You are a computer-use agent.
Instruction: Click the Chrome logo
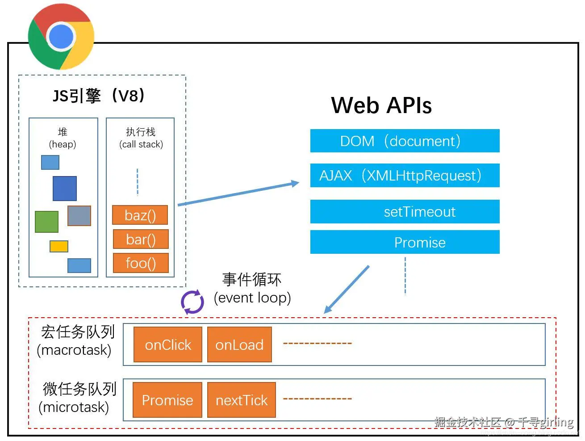61,37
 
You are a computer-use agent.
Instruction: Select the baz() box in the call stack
140,215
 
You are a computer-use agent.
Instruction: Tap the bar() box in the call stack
141,239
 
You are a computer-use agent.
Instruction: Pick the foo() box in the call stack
141,263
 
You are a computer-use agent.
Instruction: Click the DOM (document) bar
405,141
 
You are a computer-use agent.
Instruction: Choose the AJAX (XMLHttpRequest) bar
405,176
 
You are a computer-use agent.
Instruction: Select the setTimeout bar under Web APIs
405,212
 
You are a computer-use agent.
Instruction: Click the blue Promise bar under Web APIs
405,242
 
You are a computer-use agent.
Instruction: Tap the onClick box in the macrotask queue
168,345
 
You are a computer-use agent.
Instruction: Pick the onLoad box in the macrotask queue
239,345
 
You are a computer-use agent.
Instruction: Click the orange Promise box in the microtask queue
167,400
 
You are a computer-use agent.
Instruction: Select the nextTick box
242,400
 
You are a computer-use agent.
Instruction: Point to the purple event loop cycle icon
192,302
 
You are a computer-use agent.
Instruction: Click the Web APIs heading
381,106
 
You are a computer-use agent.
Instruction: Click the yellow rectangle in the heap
59,247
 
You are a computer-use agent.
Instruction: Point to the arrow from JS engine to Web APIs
239,193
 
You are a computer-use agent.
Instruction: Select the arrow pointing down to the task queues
347,290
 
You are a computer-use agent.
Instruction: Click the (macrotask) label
74,350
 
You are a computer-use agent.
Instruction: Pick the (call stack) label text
141,144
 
